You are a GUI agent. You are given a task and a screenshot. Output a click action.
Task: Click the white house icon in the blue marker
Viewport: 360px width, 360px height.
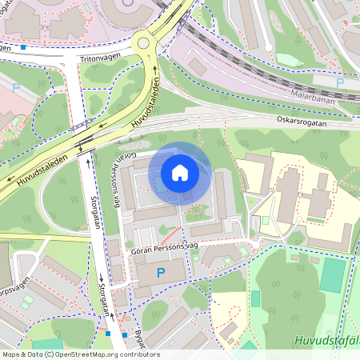(x=180, y=172)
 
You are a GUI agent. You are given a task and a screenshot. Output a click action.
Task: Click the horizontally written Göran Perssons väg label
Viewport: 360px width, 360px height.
(x=162, y=250)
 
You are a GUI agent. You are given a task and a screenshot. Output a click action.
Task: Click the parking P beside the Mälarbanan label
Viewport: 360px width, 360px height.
(x=340, y=82)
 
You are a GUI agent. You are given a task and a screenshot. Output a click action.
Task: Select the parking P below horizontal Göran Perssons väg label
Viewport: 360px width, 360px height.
(x=161, y=274)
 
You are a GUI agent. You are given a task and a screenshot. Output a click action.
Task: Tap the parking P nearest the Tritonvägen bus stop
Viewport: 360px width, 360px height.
(x=16, y=87)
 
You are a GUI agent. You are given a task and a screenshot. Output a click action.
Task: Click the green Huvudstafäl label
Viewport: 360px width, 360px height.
(x=326, y=340)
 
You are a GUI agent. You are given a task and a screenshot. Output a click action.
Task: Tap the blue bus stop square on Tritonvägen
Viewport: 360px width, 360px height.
(x=23, y=47)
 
